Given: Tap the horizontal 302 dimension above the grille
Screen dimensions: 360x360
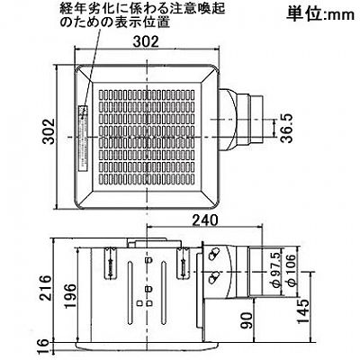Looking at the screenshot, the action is (146, 41).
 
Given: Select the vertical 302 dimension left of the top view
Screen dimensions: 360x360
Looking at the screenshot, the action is (48, 131).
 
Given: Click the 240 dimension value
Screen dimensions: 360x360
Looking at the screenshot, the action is (205, 220).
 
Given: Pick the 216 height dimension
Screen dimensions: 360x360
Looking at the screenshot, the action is (46, 287).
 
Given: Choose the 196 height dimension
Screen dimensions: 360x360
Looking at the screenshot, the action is (69, 295).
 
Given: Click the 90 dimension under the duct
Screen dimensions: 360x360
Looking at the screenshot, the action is (247, 320).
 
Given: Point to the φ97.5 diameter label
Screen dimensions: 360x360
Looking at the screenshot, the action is (275, 269).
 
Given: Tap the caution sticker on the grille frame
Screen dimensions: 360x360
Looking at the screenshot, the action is (83, 138).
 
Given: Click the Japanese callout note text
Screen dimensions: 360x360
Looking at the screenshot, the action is (142, 15).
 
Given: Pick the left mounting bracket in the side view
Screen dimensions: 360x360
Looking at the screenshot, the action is (110, 263).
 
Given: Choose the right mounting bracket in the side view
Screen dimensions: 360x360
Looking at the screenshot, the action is (183, 263).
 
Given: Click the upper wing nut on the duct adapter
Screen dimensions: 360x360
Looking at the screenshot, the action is (213, 254).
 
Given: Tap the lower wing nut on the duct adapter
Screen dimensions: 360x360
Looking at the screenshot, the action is (213, 277).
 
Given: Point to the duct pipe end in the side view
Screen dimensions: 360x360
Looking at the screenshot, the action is (256, 270).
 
